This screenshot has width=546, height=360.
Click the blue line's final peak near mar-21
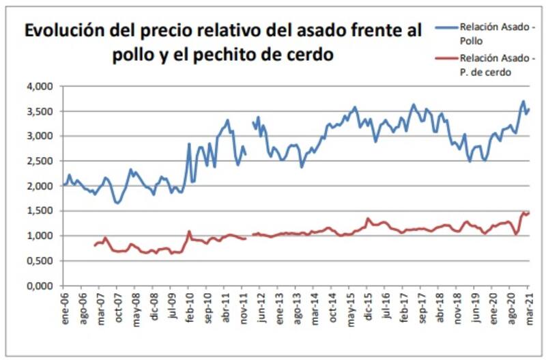(x=523, y=102)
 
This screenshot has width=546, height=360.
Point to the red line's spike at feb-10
(x=189, y=232)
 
